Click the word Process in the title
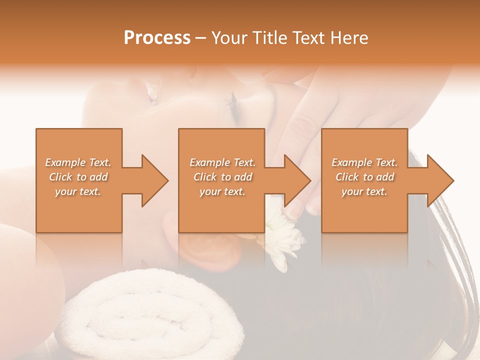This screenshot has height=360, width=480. click(x=157, y=38)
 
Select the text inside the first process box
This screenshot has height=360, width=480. click(x=78, y=177)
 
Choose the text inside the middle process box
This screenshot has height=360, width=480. click(x=222, y=177)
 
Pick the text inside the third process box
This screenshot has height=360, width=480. click(x=364, y=177)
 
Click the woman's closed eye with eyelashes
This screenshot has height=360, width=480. click(x=233, y=102)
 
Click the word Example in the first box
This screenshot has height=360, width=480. click(x=66, y=162)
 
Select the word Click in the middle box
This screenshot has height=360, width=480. click(x=204, y=177)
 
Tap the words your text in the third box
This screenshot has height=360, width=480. click(x=364, y=191)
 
